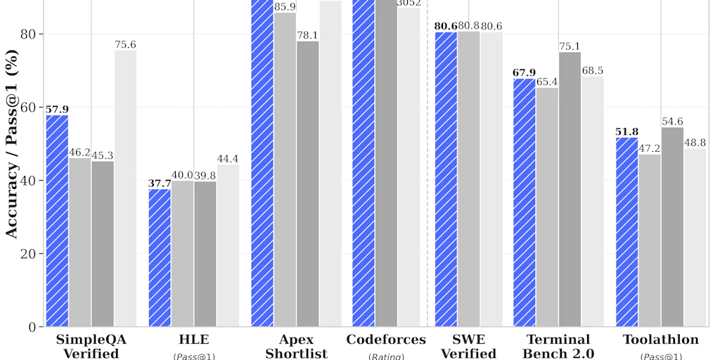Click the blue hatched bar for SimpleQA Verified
point(57,220)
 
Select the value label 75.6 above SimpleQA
point(125,45)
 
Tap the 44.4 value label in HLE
point(228,159)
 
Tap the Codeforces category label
point(386,340)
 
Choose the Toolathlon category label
point(661,340)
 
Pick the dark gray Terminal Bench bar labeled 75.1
point(570,189)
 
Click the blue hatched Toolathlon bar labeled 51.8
point(627,232)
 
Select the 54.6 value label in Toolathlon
point(673,122)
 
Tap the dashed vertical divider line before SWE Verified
point(427,176)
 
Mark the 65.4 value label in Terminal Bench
point(548,82)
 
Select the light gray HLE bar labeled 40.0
point(183,253)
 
